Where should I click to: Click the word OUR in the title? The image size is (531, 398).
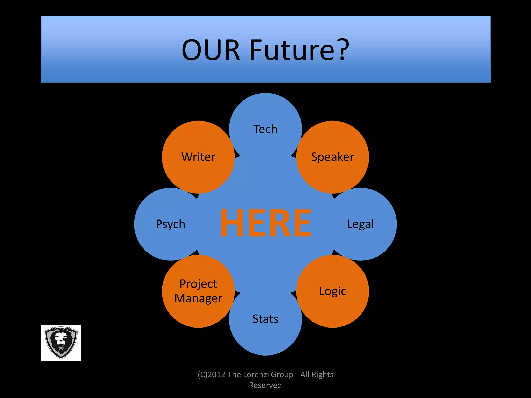click(211, 50)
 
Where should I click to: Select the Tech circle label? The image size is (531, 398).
click(265, 129)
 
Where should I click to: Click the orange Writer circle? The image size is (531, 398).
click(198, 157)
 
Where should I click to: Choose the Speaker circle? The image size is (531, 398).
click(332, 157)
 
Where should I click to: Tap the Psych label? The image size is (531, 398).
click(170, 224)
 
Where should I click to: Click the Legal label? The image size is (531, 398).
click(360, 224)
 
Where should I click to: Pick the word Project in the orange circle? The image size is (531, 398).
click(198, 284)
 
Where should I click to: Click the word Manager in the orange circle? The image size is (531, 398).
click(198, 298)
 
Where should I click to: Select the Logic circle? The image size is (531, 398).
click(332, 291)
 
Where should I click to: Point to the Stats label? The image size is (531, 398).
click(265, 319)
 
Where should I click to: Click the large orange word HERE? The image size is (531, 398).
click(265, 223)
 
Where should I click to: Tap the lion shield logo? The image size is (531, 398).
click(61, 343)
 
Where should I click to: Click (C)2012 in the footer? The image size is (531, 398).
click(212, 375)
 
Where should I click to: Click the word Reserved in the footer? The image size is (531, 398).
click(265, 385)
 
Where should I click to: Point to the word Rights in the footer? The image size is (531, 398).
click(322, 375)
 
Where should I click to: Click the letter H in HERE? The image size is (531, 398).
click(232, 223)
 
